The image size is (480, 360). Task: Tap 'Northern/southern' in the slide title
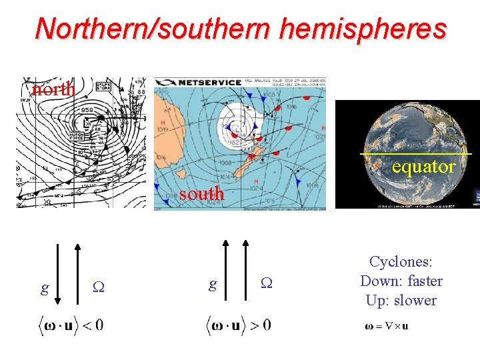click(153, 29)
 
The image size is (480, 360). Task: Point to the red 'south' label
click(202, 194)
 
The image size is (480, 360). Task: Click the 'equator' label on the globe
click(424, 166)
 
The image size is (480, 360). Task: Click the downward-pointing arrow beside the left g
click(57, 274)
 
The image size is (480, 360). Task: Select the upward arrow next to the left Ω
click(79, 274)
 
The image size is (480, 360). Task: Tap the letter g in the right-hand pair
click(212, 285)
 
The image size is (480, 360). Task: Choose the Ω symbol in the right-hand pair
click(265, 285)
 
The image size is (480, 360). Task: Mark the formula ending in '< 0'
click(69, 326)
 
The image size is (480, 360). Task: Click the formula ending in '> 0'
click(237, 326)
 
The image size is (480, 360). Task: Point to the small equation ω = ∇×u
click(387, 326)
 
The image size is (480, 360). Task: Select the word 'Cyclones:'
click(401, 262)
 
